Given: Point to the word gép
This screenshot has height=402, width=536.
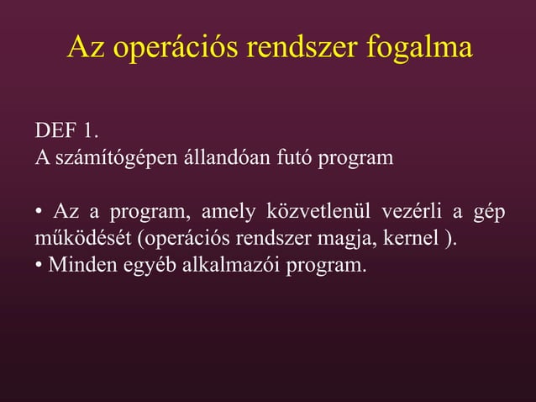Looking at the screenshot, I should tap(489, 211).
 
